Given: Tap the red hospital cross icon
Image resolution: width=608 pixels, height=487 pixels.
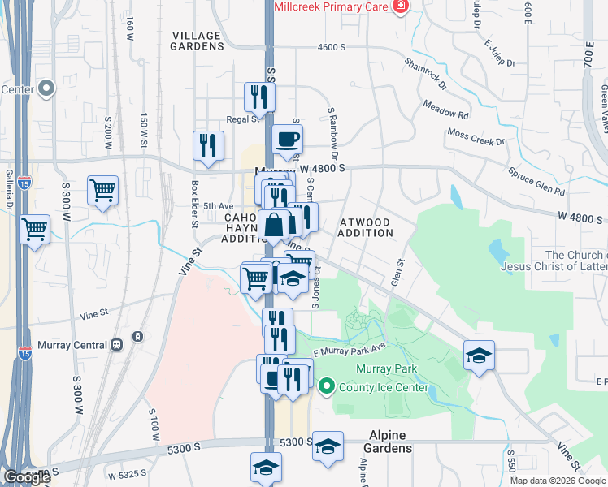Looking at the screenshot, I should [x=399, y=6].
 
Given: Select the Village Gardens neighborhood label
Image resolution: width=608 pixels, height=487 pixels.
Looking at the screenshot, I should [x=196, y=41].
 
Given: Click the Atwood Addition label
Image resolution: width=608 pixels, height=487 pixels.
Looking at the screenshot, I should [x=365, y=227].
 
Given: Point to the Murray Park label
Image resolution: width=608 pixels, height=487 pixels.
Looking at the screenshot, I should [x=386, y=369].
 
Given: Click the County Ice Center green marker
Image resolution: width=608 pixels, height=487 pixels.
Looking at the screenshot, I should [x=327, y=386].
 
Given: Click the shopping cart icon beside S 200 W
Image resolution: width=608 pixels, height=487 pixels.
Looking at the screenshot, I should [x=102, y=191].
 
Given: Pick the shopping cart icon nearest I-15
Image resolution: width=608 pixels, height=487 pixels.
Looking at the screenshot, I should [x=34, y=229].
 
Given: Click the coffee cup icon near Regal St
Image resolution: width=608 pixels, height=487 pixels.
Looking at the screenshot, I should [x=287, y=139].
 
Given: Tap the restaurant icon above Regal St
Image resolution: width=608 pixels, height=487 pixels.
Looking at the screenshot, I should [x=259, y=97].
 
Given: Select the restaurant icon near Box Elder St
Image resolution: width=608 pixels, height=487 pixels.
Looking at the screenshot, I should [x=208, y=144].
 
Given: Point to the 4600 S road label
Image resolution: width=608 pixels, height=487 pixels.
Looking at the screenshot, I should [x=333, y=47].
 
